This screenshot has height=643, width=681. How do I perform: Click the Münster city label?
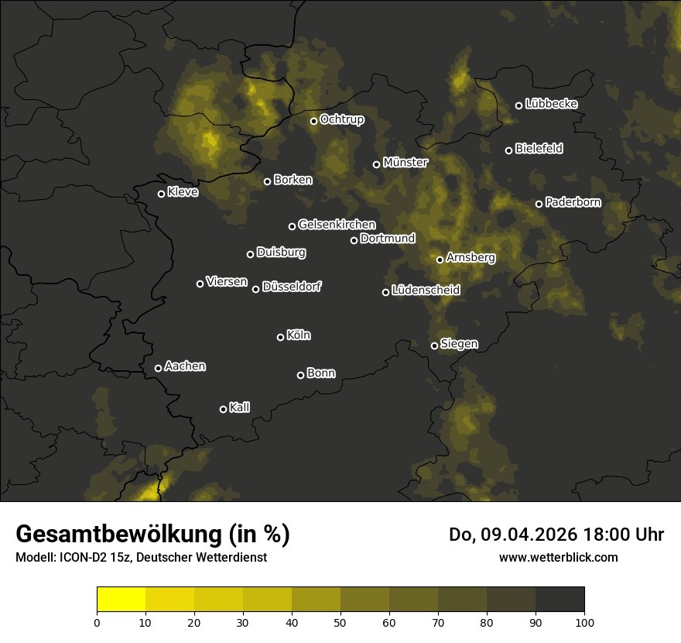[406, 163]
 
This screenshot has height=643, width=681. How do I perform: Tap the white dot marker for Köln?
[280, 337]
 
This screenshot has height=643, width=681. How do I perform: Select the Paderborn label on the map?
[573, 202]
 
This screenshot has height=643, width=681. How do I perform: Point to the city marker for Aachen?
[158, 368]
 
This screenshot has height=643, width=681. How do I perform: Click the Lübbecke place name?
[552, 104]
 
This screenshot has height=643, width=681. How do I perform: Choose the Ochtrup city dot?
[313, 121]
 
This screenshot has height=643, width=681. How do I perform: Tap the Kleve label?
[183, 192]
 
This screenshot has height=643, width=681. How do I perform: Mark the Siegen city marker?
[434, 346]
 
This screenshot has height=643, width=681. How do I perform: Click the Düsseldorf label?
[293, 287]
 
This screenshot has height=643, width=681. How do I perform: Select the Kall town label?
[240, 407]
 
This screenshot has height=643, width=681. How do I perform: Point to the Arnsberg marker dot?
[440, 260]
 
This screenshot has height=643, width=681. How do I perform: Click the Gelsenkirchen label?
[337, 225]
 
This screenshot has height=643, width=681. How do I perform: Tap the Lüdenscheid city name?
[426, 291]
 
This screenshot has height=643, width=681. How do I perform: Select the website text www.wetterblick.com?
[559, 557]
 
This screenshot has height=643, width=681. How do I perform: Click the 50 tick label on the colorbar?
[340, 621]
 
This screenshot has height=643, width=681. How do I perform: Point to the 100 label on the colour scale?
[584, 621]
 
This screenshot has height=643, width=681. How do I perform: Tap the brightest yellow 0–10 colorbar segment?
[121, 600]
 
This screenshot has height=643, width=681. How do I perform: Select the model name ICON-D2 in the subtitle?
[82, 557]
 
